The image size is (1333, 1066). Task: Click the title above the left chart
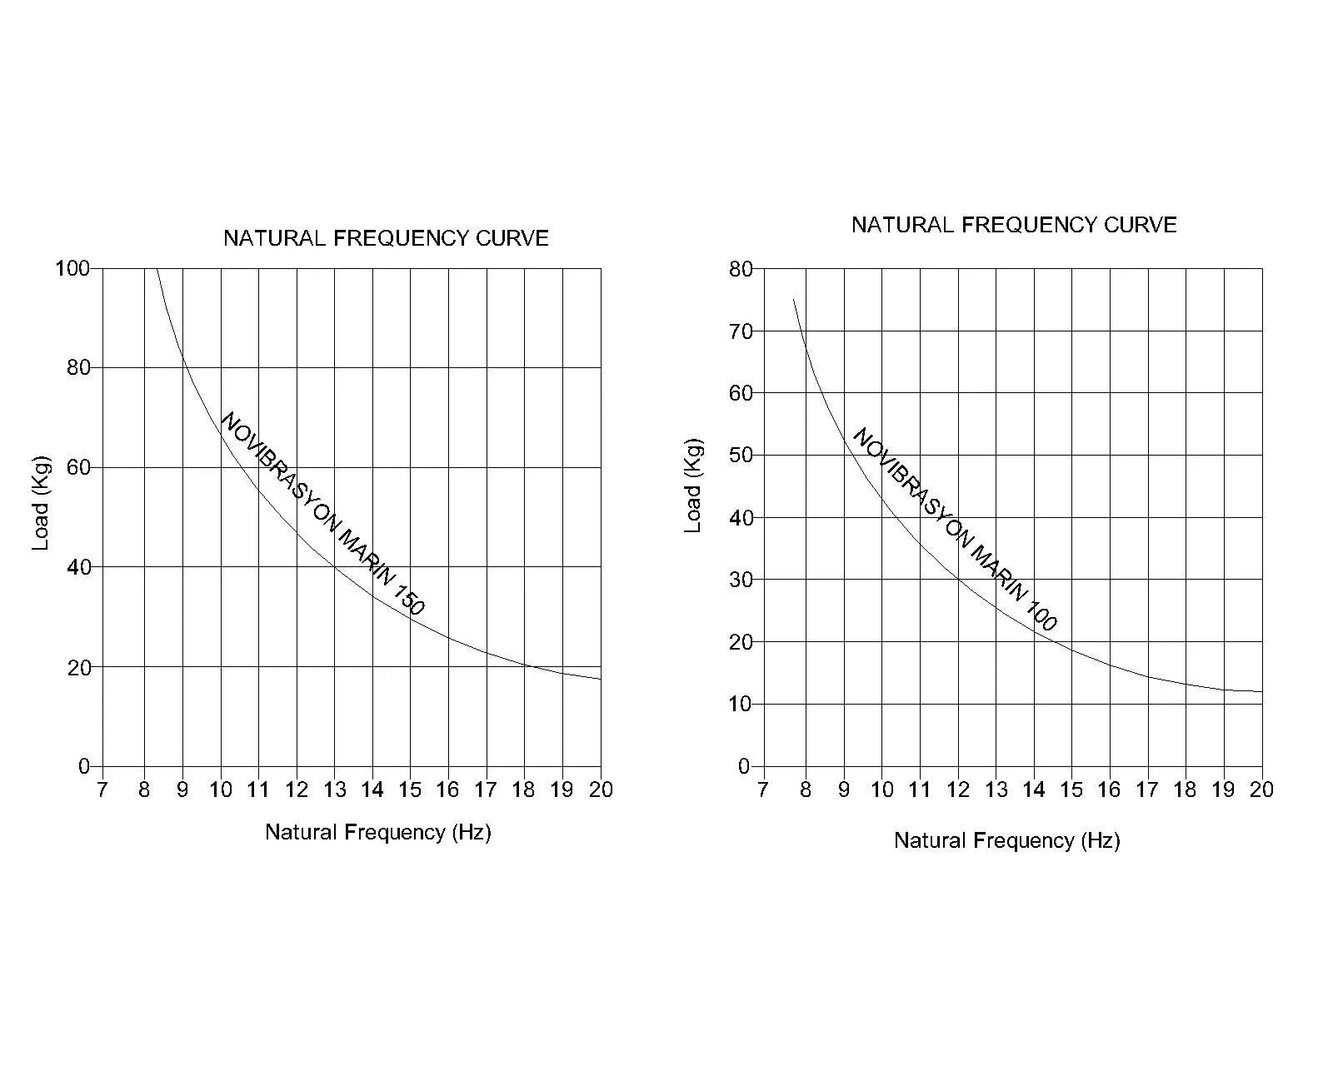(386, 238)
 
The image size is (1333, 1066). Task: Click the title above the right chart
(1014, 225)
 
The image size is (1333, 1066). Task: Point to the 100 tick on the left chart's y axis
(72, 268)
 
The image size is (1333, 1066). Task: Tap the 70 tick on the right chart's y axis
(741, 331)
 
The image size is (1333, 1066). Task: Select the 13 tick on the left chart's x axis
(334, 790)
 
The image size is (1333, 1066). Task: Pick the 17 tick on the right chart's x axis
(1147, 790)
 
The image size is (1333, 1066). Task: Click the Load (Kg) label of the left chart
(41, 503)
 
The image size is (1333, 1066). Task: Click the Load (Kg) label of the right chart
(693, 486)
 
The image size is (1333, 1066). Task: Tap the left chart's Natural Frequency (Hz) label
(378, 832)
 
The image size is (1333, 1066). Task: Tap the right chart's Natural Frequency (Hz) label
(1006, 840)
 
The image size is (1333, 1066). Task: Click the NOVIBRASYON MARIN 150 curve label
(322, 514)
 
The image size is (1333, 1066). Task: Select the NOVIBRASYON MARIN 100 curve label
(954, 530)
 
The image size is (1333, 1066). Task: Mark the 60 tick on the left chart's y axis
(78, 467)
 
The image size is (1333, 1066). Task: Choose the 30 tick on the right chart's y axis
(741, 580)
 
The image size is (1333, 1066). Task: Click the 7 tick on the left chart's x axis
(102, 790)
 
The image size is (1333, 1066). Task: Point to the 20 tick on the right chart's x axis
(1261, 790)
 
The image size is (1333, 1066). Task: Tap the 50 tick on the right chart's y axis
(741, 456)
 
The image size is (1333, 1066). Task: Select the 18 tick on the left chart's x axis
(524, 790)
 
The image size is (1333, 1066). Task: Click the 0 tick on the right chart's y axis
(745, 766)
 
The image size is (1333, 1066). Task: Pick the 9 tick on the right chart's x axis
(844, 790)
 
